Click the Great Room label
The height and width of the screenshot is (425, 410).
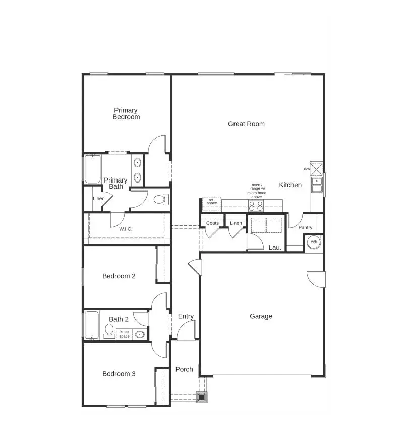click(246, 124)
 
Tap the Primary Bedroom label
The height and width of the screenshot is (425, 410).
click(126, 114)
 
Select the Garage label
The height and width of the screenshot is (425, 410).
click(261, 316)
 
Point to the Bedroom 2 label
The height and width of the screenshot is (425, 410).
click(119, 276)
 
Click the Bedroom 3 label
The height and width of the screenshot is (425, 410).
click(119, 374)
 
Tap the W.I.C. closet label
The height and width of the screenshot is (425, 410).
click(126, 229)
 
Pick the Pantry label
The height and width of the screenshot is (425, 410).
click(305, 228)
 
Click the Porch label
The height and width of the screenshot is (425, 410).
click(184, 369)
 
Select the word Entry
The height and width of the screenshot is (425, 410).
click(186, 316)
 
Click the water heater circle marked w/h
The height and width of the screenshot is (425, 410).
click(314, 242)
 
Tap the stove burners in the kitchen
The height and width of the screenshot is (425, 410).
click(256, 206)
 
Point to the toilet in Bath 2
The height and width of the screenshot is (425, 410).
click(109, 331)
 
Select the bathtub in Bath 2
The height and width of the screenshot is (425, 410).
click(91, 325)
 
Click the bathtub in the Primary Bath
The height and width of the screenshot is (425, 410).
click(92, 169)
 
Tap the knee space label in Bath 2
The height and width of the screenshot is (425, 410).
click(124, 334)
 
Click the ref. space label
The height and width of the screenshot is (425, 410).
click(212, 202)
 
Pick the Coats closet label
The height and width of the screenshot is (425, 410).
click(212, 223)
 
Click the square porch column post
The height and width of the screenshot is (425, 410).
click(202, 397)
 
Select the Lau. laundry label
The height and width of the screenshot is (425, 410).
click(275, 248)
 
